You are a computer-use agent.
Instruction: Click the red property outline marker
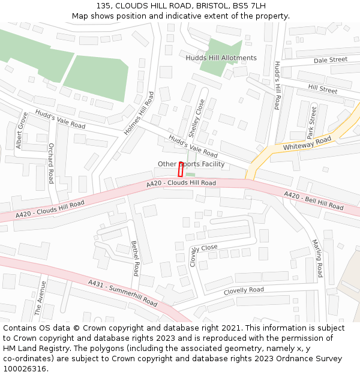pyautogui.click(x=181, y=169)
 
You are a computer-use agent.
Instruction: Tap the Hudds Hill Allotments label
pyautogui.click(x=221, y=58)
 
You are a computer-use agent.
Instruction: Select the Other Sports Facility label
pyautogui.click(x=191, y=164)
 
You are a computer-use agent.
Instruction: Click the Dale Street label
pyautogui.click(x=331, y=60)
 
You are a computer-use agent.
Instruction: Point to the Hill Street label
pyautogui.click(x=323, y=89)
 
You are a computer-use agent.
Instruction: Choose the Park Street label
pyautogui.click(x=311, y=121)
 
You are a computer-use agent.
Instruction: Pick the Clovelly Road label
pyautogui.click(x=244, y=291)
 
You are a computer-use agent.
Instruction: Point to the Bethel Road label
pyautogui.click(x=136, y=258)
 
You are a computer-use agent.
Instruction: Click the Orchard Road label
pyautogui.click(x=51, y=163)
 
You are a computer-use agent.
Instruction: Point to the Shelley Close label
pyautogui.click(x=197, y=118)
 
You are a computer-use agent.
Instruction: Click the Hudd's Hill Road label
pyautogui.click(x=277, y=85)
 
